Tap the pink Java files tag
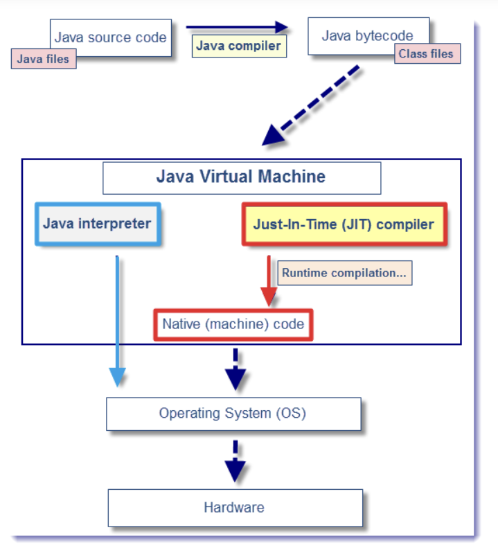click(x=43, y=59)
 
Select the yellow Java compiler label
click(x=238, y=46)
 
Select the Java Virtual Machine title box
click(x=241, y=177)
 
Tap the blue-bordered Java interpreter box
click(x=97, y=224)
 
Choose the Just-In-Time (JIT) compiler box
click(x=344, y=224)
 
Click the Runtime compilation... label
click(x=345, y=273)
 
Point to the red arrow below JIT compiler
click(x=269, y=281)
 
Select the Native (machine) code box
click(x=233, y=324)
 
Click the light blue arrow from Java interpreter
click(x=118, y=319)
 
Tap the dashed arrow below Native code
click(x=235, y=371)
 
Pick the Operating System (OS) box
click(x=233, y=414)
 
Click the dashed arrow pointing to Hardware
click(x=235, y=461)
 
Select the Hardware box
click(x=234, y=507)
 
